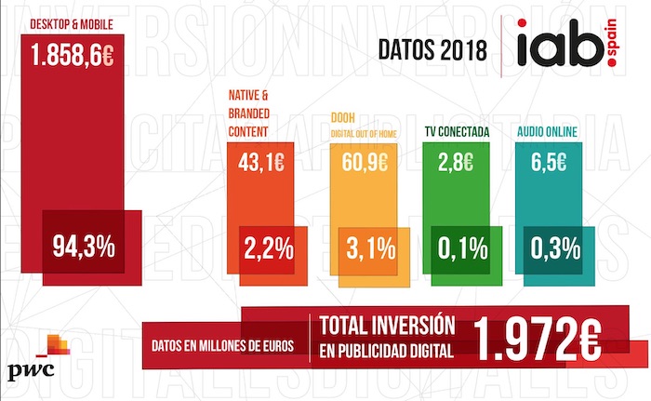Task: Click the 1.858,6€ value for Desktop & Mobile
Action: [x=73, y=54]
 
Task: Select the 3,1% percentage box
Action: [x=370, y=248]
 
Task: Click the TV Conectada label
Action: [x=461, y=132]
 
